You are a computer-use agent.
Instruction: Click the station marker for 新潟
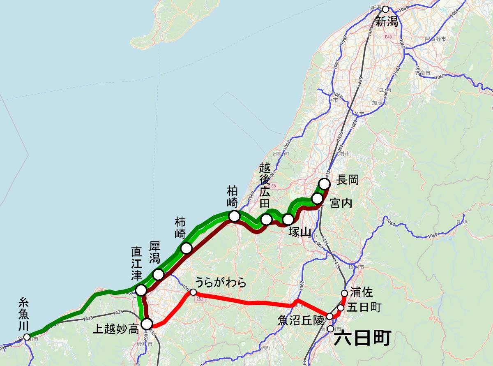pyautogui.click(x=385, y=9)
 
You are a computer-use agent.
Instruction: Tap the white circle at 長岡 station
pyautogui.click(x=325, y=183)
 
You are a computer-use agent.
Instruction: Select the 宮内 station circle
pyautogui.click(x=317, y=199)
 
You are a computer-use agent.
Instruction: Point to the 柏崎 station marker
pyautogui.click(x=234, y=216)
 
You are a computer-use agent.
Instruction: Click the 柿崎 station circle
pyautogui.click(x=186, y=248)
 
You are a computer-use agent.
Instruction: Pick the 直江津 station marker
pyautogui.click(x=141, y=290)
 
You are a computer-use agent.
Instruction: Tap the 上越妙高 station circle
pyautogui.click(x=147, y=324)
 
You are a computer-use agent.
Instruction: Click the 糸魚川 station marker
pyautogui.click(x=27, y=337)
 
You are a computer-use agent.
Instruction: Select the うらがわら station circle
pyautogui.click(x=193, y=292)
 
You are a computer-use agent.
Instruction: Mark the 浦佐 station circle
pyautogui.click(x=345, y=293)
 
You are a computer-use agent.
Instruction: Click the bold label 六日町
pyautogui.click(x=362, y=339)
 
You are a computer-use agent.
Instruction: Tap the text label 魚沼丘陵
pyautogui.click(x=301, y=320)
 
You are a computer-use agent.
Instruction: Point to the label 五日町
pyautogui.click(x=364, y=307)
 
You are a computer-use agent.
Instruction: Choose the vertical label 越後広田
pyautogui.click(x=265, y=185)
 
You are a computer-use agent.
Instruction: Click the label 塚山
pyautogui.click(x=300, y=232)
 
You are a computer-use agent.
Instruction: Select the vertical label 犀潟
pyautogui.click(x=154, y=252)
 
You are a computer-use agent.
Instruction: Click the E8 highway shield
pyautogui.click(x=274, y=186)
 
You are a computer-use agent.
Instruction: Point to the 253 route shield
pyautogui.click(x=200, y=299)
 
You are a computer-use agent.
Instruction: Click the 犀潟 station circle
pyautogui.click(x=159, y=274)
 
